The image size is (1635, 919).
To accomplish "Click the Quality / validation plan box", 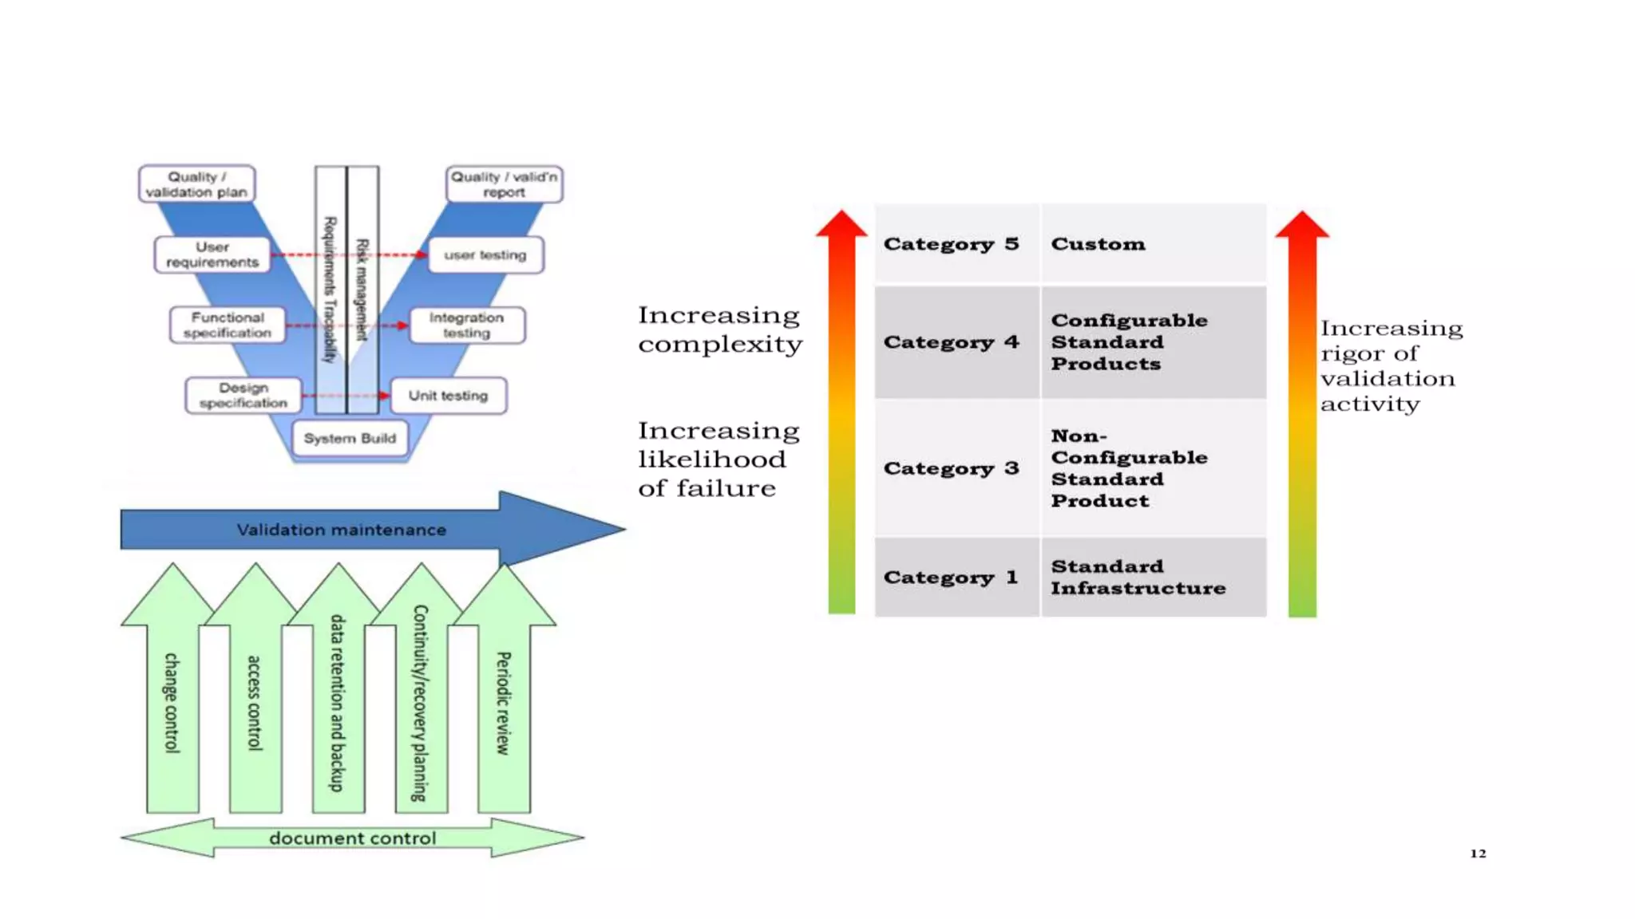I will click(196, 184).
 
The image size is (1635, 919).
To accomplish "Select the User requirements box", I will click(212, 254).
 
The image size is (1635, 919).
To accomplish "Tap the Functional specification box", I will click(228, 325).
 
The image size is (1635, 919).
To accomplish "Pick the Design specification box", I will click(243, 395).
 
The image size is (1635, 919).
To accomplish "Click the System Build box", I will click(350, 438).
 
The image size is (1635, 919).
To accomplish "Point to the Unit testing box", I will click(448, 396).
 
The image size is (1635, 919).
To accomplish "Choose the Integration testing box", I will click(467, 325).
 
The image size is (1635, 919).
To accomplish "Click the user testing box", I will click(485, 255).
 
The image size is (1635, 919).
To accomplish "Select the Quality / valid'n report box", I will click(504, 184).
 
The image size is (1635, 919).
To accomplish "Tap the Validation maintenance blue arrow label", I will click(341, 530).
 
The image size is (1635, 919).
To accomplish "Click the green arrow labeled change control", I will click(172, 702).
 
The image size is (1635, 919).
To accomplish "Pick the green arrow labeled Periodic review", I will click(503, 702).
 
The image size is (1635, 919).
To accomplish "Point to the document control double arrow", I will click(352, 838).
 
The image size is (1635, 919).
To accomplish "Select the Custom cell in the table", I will click(1153, 244).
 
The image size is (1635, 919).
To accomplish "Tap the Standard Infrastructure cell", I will click(1153, 577).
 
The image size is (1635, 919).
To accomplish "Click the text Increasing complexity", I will click(719, 329).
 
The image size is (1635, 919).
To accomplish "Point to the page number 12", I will click(1478, 854).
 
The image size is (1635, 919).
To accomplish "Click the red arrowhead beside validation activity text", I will click(1302, 227).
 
